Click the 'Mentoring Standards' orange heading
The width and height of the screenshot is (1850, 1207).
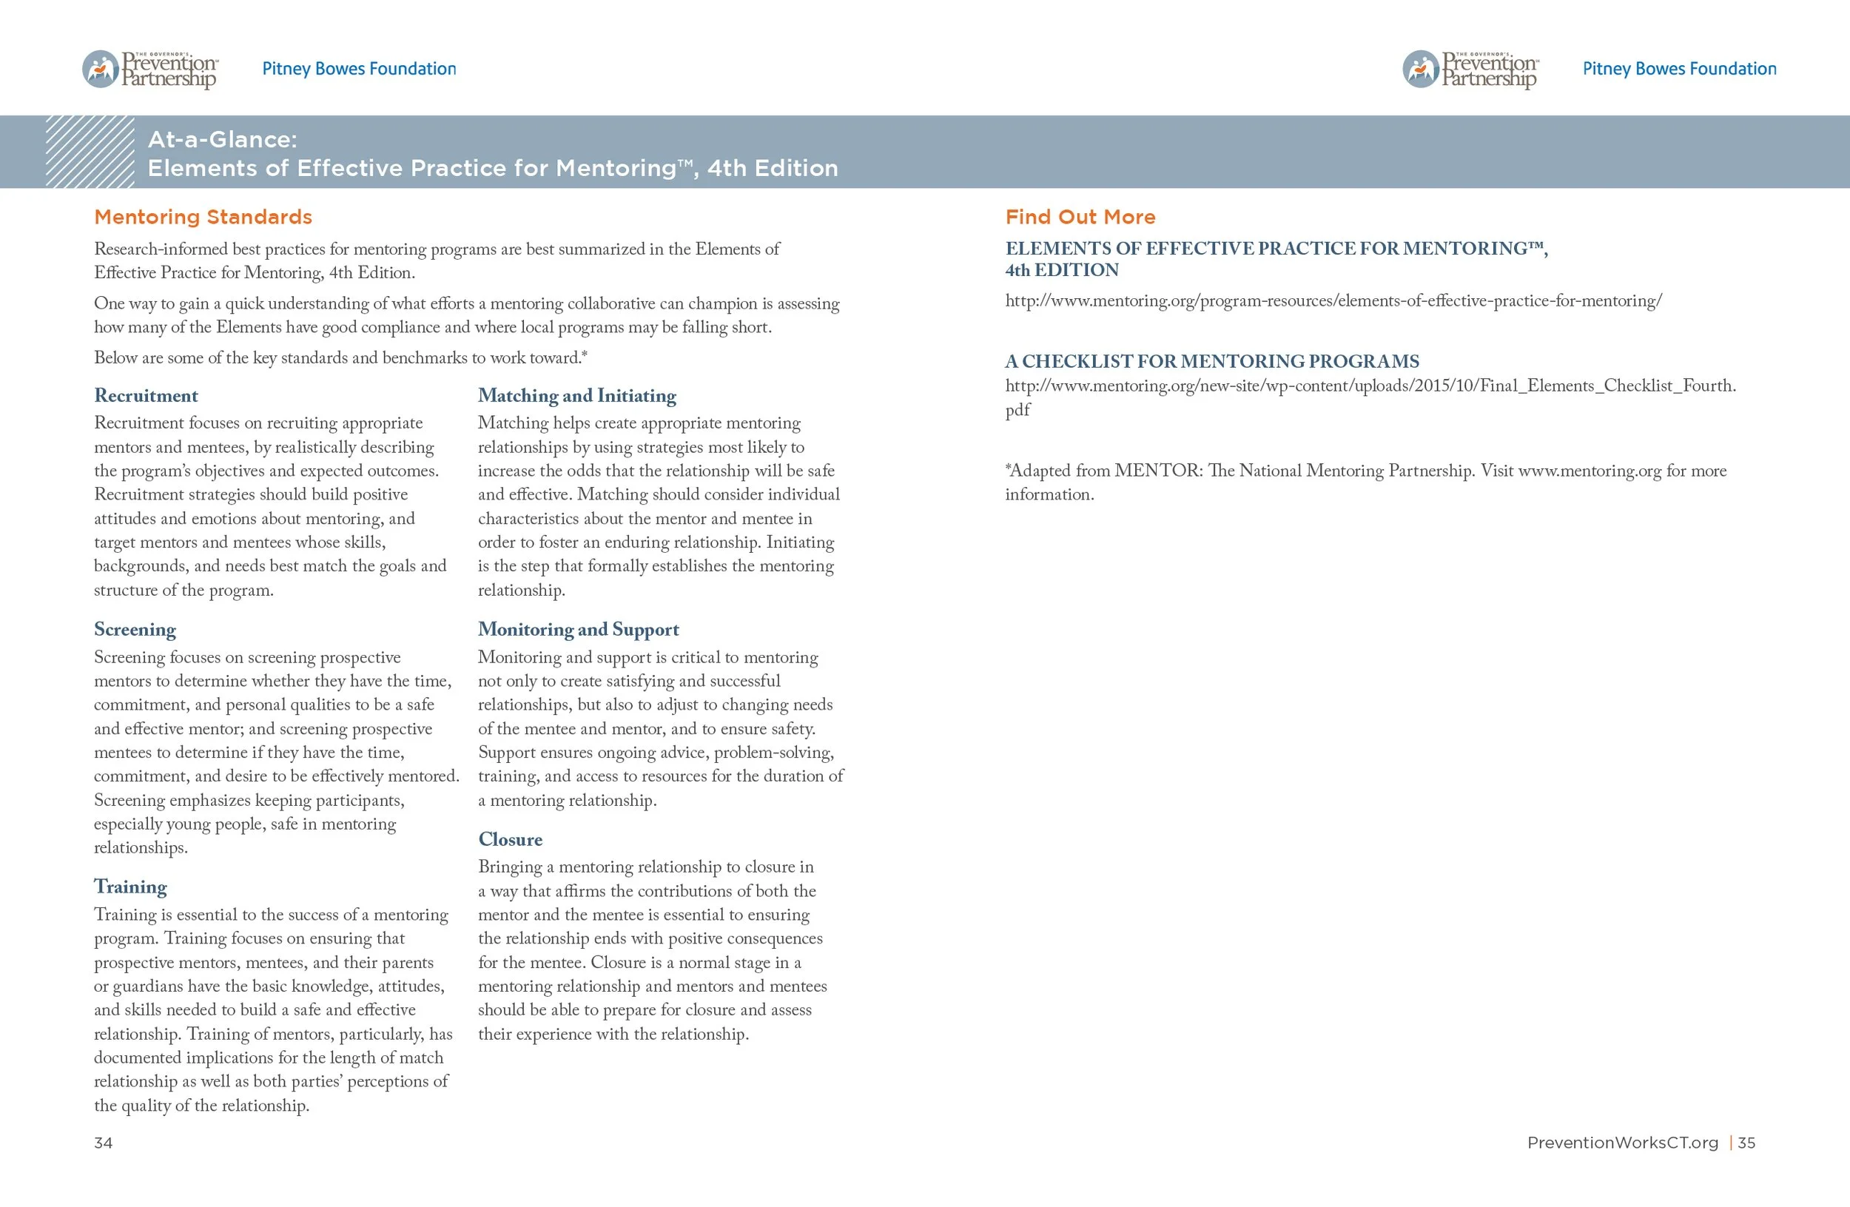(x=203, y=217)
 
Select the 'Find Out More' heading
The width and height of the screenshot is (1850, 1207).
(x=1080, y=217)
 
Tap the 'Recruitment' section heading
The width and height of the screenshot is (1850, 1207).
(x=146, y=396)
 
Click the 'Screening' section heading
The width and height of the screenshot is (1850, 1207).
(x=135, y=630)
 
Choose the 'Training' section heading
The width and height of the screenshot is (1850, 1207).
(x=130, y=887)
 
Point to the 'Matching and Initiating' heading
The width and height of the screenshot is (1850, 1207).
(x=576, y=396)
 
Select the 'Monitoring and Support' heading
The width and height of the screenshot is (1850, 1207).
(x=579, y=630)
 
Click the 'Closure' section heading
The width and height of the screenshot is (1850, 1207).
(x=510, y=839)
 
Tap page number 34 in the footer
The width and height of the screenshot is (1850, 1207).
(x=104, y=1143)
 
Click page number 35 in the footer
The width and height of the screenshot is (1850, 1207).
(x=1746, y=1143)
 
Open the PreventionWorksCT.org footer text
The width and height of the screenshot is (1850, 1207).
(x=1622, y=1143)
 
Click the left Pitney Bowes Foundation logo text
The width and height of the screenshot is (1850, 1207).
(x=359, y=68)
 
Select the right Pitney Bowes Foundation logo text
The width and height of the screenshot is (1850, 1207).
(x=1679, y=68)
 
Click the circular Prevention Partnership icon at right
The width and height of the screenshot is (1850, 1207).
(x=1421, y=69)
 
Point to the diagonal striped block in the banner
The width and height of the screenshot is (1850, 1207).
(x=90, y=152)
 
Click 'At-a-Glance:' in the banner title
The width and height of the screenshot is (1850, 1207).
(x=222, y=139)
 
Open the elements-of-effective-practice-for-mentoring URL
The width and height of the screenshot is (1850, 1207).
(x=1333, y=300)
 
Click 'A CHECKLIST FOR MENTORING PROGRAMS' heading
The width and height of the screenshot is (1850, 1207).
(x=1212, y=361)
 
